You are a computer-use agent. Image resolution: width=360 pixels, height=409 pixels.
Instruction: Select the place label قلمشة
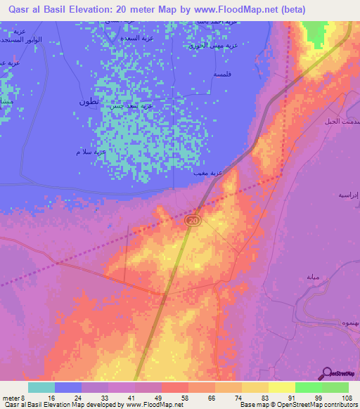(224, 73)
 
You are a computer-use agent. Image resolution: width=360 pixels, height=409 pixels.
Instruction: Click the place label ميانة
(314, 277)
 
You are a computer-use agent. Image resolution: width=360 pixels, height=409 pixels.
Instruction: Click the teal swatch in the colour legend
(41, 387)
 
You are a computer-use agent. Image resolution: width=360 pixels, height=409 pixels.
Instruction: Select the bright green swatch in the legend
(308, 387)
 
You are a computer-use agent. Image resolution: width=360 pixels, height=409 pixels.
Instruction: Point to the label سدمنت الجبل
(340, 122)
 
